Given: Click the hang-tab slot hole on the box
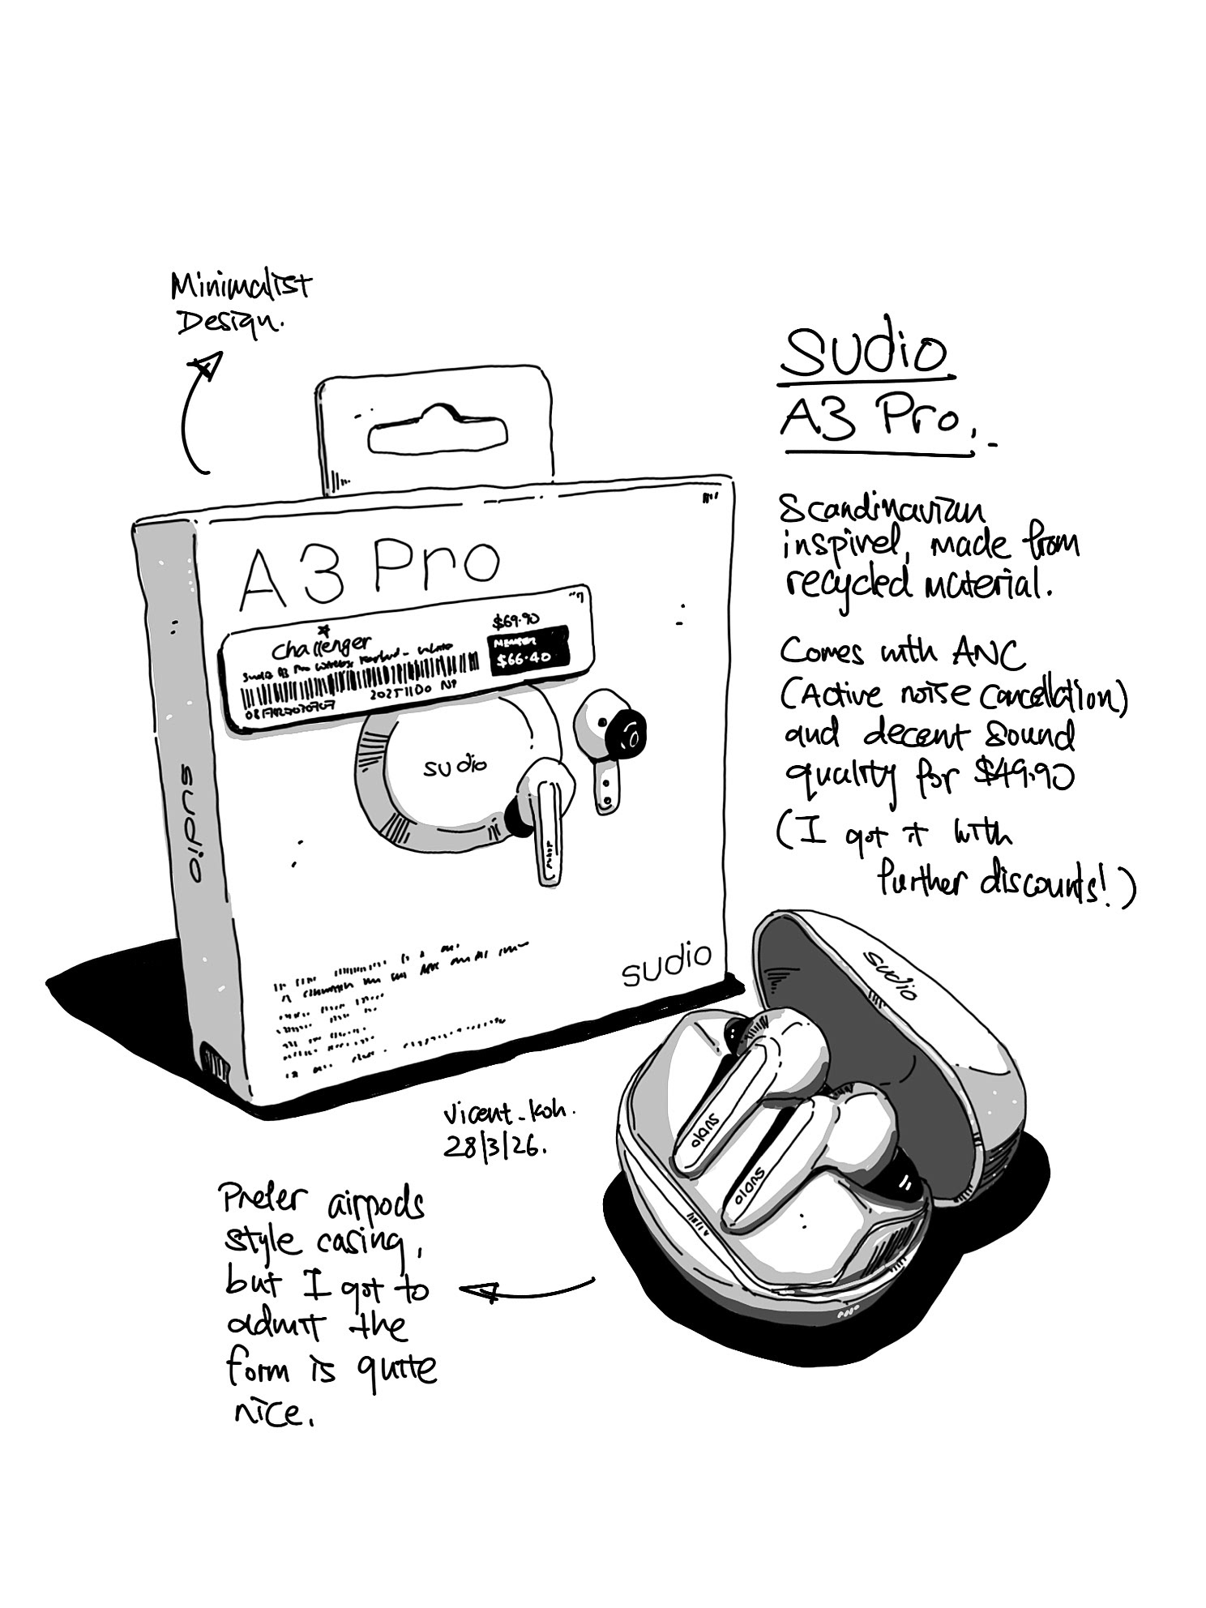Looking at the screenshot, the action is tap(436, 437).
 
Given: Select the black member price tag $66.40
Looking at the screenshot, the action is tap(524, 652).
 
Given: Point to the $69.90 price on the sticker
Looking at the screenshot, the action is tap(516, 622).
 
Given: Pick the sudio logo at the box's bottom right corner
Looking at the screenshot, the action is tap(665, 964).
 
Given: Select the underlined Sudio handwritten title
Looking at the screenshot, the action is tap(864, 353).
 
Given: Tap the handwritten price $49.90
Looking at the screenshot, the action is tap(1023, 776).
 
